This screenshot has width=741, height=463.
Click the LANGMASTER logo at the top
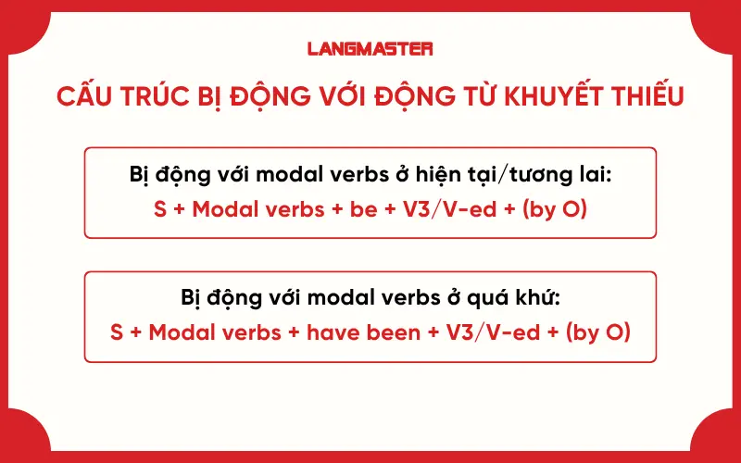370,48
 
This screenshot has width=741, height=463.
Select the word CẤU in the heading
82,96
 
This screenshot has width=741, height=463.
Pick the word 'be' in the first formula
364,208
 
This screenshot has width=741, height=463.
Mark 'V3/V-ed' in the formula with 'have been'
495,332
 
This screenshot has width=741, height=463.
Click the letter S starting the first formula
159,208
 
